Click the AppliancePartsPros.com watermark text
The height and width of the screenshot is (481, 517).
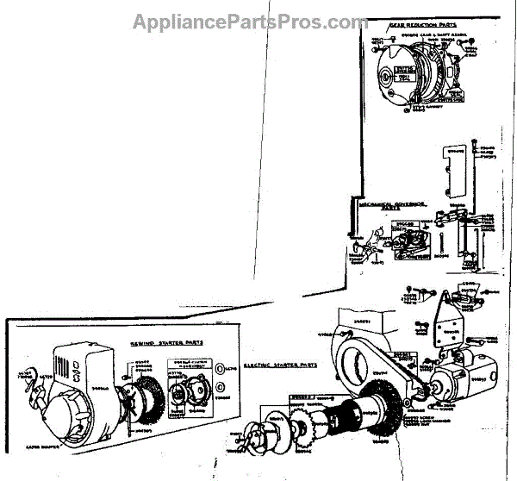(250, 22)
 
